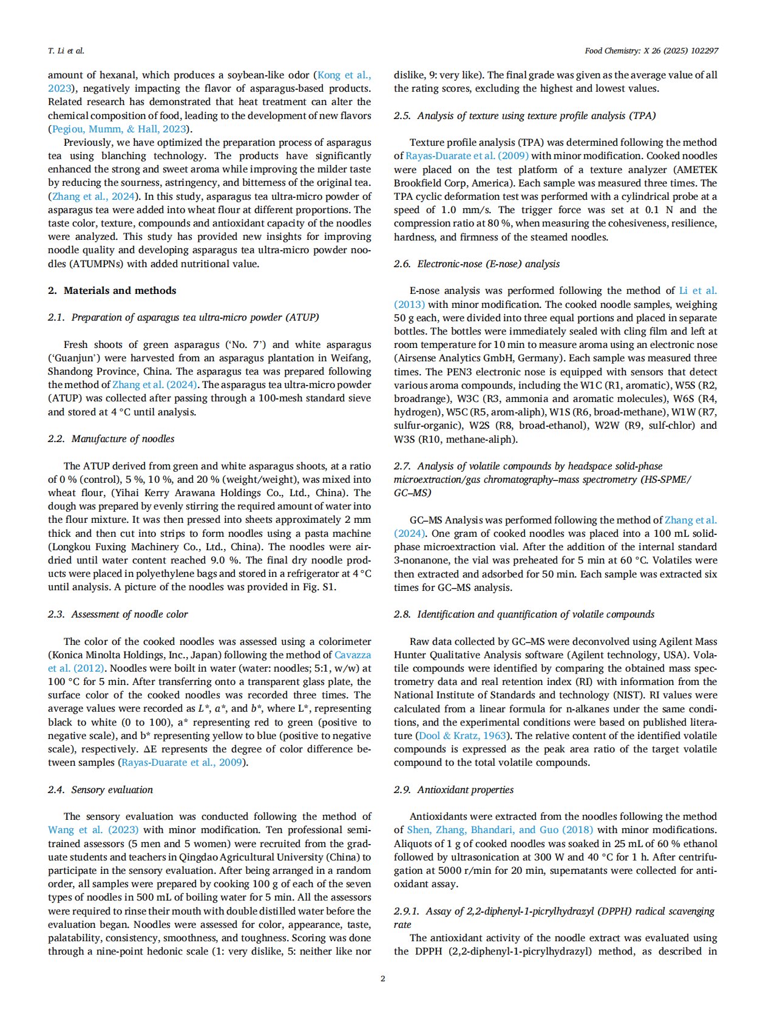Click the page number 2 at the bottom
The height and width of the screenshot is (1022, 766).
382,978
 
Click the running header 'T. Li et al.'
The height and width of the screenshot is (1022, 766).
66,51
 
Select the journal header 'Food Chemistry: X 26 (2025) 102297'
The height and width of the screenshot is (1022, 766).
651,51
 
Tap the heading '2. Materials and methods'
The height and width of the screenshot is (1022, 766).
112,290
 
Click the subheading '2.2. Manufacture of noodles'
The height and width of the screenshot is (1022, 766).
111,438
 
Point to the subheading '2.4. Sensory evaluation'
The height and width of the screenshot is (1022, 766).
100,789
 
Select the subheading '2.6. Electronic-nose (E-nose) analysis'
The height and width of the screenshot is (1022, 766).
476,264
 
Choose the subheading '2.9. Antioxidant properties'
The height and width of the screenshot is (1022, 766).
453,789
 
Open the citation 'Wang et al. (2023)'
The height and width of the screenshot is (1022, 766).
93,830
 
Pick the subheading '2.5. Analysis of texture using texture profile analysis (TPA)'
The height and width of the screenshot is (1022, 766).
524,115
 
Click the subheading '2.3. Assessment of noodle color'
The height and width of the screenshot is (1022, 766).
118,614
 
